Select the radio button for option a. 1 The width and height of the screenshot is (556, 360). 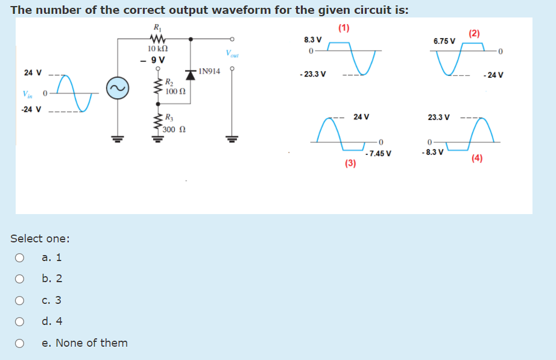[19, 257]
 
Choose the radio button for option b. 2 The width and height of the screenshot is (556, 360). [19, 279]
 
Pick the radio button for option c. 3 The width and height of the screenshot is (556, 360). [19, 300]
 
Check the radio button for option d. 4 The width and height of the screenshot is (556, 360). [19, 321]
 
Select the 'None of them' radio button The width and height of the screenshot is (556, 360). [19, 343]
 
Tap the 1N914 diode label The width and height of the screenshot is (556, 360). [209, 71]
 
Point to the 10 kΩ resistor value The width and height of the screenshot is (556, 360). [157, 48]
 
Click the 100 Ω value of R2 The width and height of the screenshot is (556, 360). [174, 92]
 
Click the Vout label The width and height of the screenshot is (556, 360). [232, 54]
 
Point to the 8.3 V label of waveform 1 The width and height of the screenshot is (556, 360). [312, 40]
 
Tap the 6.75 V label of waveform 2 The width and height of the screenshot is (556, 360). [444, 41]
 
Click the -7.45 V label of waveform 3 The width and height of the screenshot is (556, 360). [378, 153]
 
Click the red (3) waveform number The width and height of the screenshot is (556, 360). [350, 163]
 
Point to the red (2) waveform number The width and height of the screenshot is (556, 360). [474, 33]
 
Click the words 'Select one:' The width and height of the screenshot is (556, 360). [40, 238]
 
